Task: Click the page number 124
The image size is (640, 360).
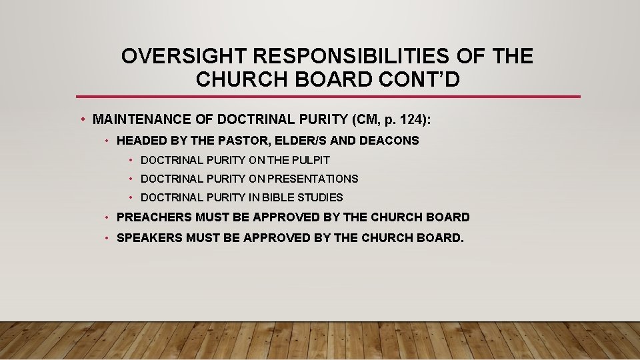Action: [x=407, y=120]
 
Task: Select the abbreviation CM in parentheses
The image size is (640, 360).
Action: [x=358, y=120]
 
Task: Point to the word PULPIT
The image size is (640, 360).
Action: [x=311, y=160]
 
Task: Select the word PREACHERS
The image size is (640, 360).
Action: [x=154, y=217]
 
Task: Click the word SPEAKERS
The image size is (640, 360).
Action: [x=149, y=237]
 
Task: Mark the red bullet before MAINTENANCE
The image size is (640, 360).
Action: [x=82, y=120]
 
